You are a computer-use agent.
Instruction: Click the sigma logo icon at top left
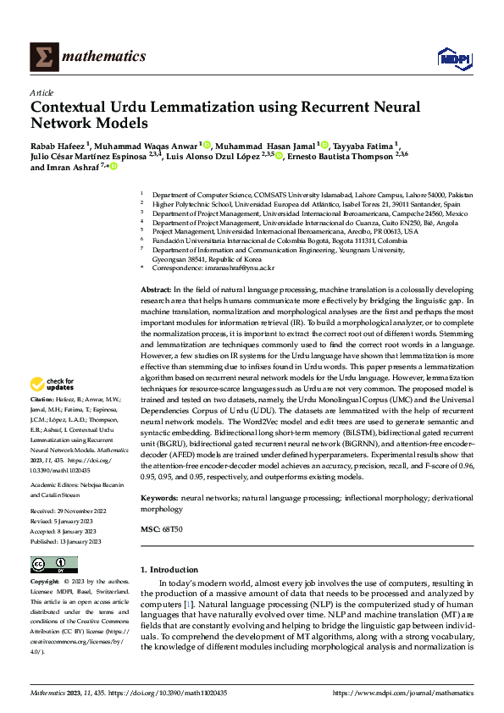click(x=43, y=56)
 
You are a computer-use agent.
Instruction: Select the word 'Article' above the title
click(x=42, y=92)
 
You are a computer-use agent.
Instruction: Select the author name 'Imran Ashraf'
click(x=72, y=168)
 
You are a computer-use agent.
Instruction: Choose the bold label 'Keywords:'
click(x=160, y=500)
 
